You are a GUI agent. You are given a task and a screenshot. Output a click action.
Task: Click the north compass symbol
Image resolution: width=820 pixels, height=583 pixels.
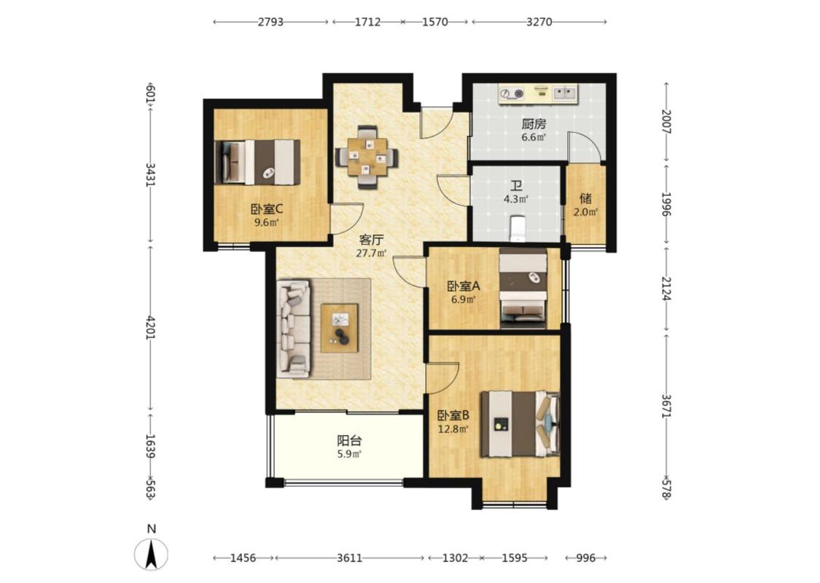[x=151, y=553]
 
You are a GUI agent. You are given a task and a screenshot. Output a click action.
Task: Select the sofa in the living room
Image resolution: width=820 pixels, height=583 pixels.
[x=293, y=329]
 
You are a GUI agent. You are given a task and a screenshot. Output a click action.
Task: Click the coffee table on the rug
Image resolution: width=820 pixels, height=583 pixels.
[x=340, y=328]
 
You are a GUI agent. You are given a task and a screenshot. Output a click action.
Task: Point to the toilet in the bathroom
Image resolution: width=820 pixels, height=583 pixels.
[x=517, y=228]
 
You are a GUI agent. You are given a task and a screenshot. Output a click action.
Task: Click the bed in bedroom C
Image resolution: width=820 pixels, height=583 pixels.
[x=257, y=162]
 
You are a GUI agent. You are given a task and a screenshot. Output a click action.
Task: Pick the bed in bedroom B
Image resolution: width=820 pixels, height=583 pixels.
[x=520, y=424]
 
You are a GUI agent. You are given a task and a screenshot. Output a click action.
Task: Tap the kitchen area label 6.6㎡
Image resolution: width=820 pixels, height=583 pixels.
[x=534, y=138]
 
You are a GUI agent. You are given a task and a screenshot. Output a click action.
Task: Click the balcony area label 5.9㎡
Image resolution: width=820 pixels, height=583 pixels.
[x=349, y=454]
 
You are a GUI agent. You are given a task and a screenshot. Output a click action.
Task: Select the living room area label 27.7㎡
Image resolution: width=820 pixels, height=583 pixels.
[x=371, y=254]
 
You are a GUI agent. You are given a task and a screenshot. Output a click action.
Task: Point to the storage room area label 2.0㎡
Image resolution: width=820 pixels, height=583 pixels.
[x=586, y=212]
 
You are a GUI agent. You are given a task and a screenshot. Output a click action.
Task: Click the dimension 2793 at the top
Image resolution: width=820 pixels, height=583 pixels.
[x=270, y=22]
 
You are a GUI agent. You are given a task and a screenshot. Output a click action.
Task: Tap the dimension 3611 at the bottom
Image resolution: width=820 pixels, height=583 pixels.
[x=349, y=558]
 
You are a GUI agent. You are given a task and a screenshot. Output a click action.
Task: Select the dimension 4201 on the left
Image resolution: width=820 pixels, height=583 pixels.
[x=151, y=327]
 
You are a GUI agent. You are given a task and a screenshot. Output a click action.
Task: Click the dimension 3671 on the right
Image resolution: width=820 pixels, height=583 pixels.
[x=666, y=405]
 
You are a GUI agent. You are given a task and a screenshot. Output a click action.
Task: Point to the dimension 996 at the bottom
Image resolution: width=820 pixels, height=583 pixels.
[x=586, y=558]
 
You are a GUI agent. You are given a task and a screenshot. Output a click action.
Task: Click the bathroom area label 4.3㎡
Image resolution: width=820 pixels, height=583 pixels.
[x=516, y=199]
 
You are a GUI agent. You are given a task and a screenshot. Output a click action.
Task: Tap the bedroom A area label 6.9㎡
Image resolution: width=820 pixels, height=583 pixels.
[x=464, y=300]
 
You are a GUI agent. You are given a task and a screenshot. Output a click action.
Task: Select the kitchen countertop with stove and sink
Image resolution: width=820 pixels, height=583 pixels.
[x=538, y=94]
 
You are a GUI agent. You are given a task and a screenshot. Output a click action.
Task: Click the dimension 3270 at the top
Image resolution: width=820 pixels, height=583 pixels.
[x=539, y=22]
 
